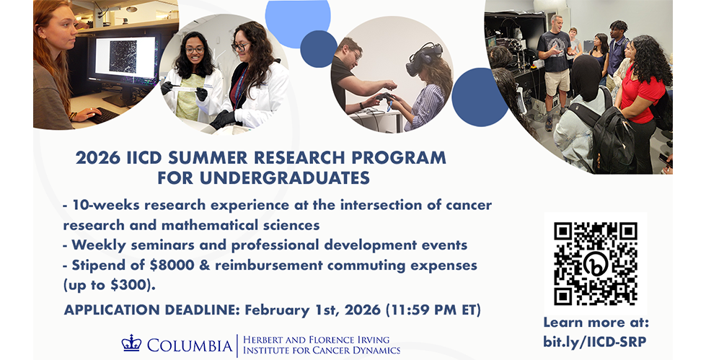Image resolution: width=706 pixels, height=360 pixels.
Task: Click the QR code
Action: coord(595,264)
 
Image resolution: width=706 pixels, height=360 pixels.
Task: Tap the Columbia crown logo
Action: coord(131,343)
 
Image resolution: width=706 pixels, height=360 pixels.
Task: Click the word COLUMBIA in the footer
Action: coord(190,346)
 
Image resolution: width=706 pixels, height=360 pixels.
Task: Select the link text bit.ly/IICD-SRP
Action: coord(594,341)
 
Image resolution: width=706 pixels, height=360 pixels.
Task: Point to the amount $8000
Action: coord(172,265)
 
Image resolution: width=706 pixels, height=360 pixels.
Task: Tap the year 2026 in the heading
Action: coord(98,158)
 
